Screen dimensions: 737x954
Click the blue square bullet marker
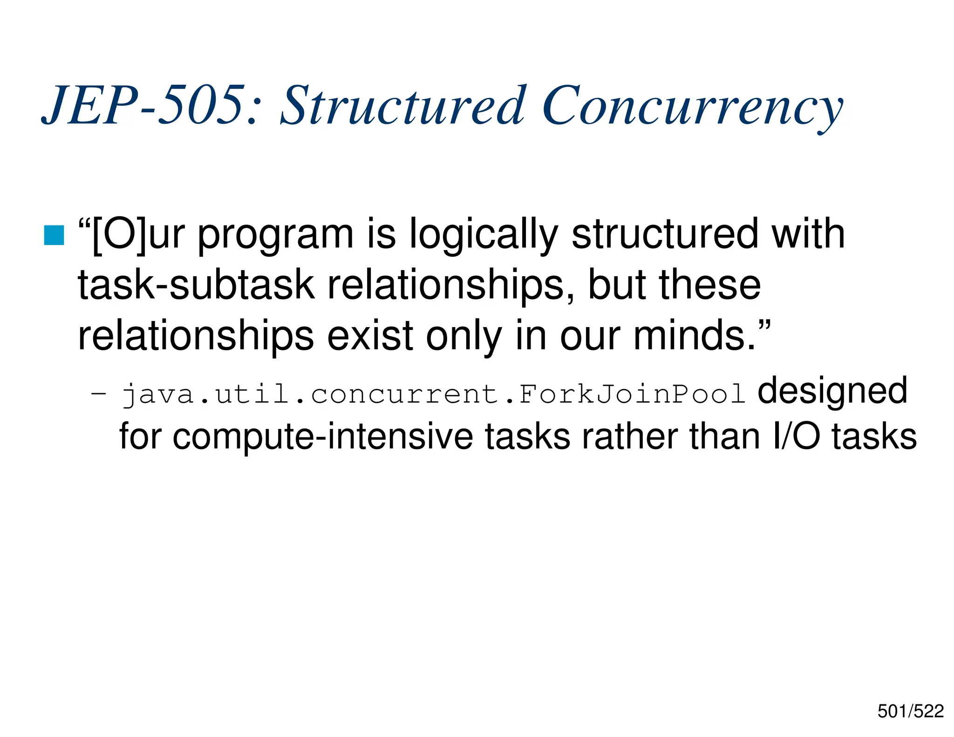(x=54, y=235)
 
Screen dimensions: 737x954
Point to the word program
(x=276, y=235)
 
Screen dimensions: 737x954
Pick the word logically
(x=483, y=235)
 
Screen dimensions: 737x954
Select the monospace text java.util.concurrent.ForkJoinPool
(x=433, y=394)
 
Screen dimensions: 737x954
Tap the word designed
(x=832, y=391)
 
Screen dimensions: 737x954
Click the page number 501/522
(x=910, y=711)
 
